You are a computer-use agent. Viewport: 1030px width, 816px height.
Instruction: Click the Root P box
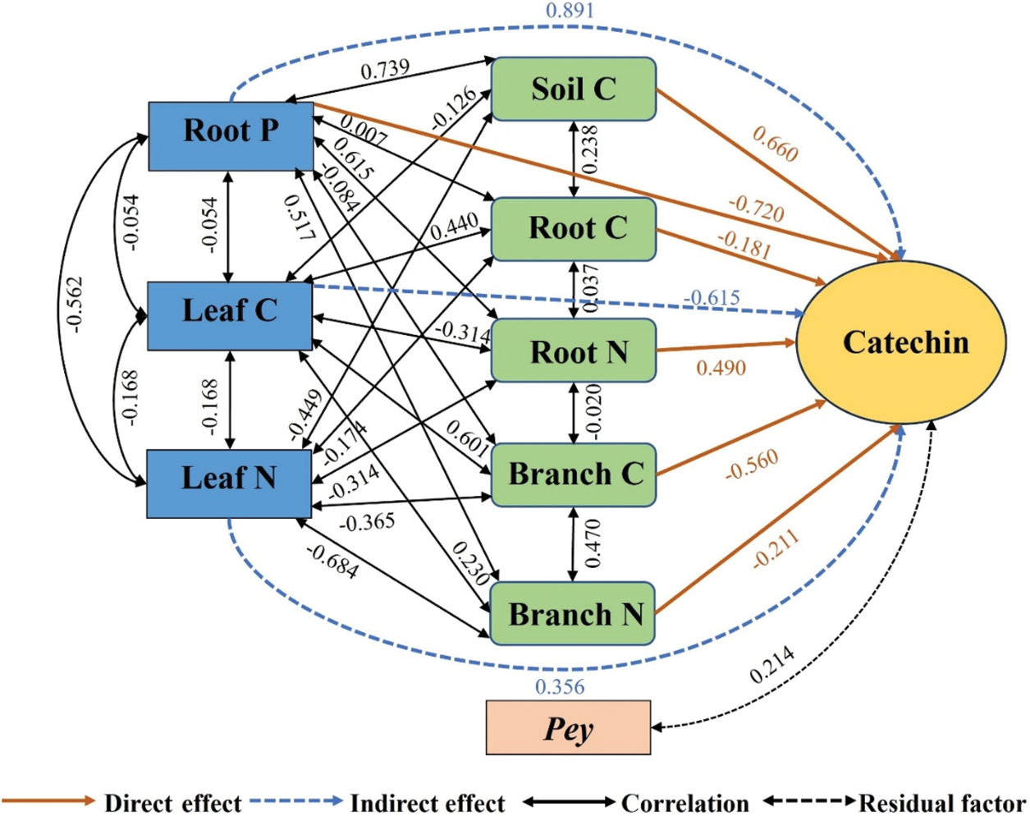pyautogui.click(x=231, y=136)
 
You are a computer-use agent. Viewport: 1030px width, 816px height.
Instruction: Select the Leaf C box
pyautogui.click(x=230, y=316)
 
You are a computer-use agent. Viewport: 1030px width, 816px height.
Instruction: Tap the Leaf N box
pyautogui.click(x=229, y=484)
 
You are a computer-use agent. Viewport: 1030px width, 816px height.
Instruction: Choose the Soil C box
pyautogui.click(x=574, y=89)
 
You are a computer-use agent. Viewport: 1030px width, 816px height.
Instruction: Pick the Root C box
pyautogui.click(x=574, y=229)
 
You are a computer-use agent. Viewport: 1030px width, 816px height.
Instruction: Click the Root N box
pyautogui.click(x=574, y=350)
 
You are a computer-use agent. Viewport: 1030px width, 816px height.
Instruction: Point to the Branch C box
pyautogui.click(x=573, y=474)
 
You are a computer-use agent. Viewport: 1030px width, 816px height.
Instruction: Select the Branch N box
pyautogui.click(x=572, y=613)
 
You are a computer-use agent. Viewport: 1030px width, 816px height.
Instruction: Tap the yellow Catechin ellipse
pyautogui.click(x=901, y=342)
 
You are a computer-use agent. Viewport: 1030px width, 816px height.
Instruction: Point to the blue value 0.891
pyautogui.click(x=570, y=10)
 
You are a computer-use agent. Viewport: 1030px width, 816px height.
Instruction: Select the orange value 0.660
pyautogui.click(x=776, y=144)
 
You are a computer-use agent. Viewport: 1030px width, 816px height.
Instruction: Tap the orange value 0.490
pyautogui.click(x=721, y=368)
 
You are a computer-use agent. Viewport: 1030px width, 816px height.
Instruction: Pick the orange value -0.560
pyautogui.click(x=752, y=465)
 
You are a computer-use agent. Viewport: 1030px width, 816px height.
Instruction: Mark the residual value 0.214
pyautogui.click(x=771, y=665)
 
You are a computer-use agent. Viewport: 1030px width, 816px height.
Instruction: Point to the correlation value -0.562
pyautogui.click(x=76, y=305)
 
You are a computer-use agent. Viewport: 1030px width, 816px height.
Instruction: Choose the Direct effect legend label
pyautogui.click(x=173, y=804)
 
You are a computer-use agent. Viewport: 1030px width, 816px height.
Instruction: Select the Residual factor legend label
pyautogui.click(x=943, y=804)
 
